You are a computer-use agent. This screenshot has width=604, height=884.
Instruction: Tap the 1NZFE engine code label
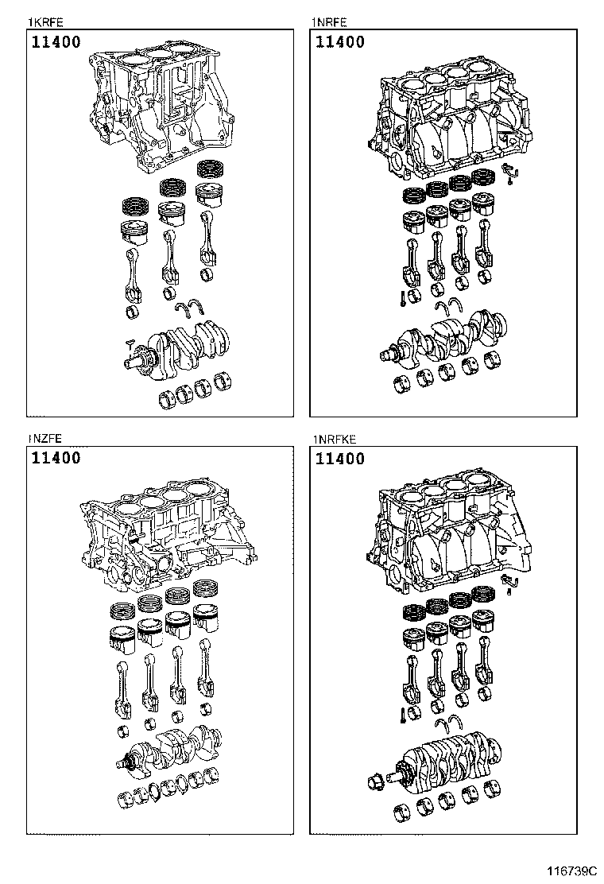coord(45,438)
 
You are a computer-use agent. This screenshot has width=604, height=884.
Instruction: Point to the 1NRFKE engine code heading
coord(333,438)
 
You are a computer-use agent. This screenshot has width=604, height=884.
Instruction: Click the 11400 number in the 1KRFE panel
coord(56,42)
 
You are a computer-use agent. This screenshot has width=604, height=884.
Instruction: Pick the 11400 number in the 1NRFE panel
coord(340,42)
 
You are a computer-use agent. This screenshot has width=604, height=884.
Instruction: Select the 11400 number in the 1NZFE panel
coord(56,459)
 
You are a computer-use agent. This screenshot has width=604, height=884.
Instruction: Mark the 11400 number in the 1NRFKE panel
coord(340,459)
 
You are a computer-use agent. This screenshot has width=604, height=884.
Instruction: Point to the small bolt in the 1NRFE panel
coord(405,300)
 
